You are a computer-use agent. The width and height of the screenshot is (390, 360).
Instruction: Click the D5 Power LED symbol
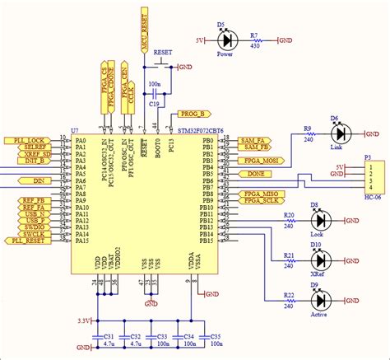(x=226, y=40)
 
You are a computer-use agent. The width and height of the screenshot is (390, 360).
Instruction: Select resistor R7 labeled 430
(x=256, y=40)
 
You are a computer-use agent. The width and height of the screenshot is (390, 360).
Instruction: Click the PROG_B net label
(x=194, y=113)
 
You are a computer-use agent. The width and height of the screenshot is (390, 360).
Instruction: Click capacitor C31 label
(x=108, y=337)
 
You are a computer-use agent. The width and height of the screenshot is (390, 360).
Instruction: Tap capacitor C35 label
(x=216, y=337)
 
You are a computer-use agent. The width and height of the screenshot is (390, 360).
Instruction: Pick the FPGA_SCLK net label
(x=262, y=201)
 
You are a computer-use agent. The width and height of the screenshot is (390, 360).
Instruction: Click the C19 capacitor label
(x=154, y=105)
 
